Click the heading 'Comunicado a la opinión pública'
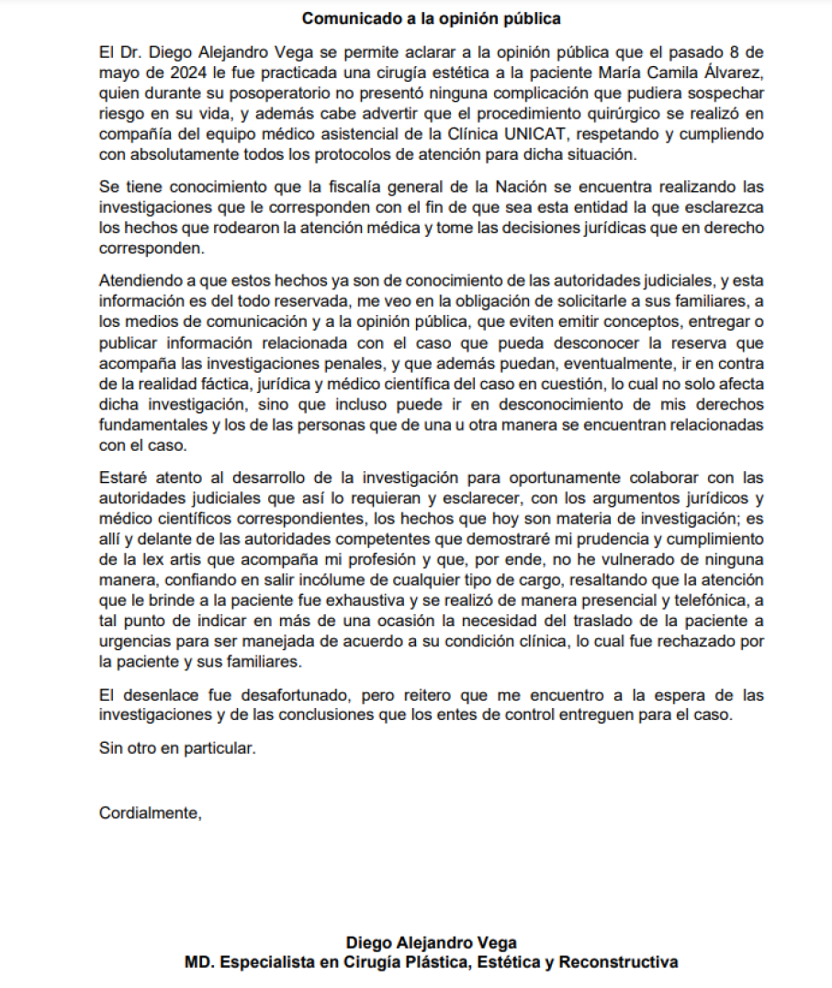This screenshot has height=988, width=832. tap(432, 18)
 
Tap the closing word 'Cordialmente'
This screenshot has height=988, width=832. tap(149, 812)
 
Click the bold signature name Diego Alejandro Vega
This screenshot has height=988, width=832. tap(431, 943)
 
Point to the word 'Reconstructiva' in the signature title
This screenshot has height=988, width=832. tap(619, 962)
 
